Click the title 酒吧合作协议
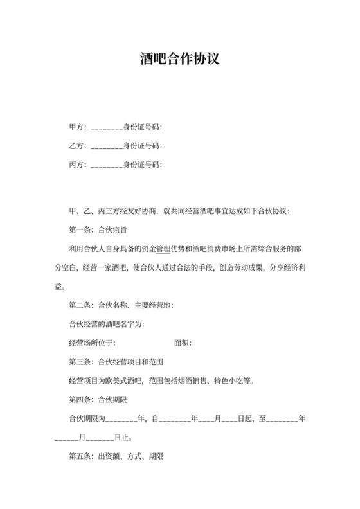point(180,60)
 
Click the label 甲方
point(76,127)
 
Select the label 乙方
point(76,146)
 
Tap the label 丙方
point(76,165)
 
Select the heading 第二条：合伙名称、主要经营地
point(120,305)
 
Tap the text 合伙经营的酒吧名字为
point(106,325)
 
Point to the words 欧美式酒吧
point(127,381)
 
